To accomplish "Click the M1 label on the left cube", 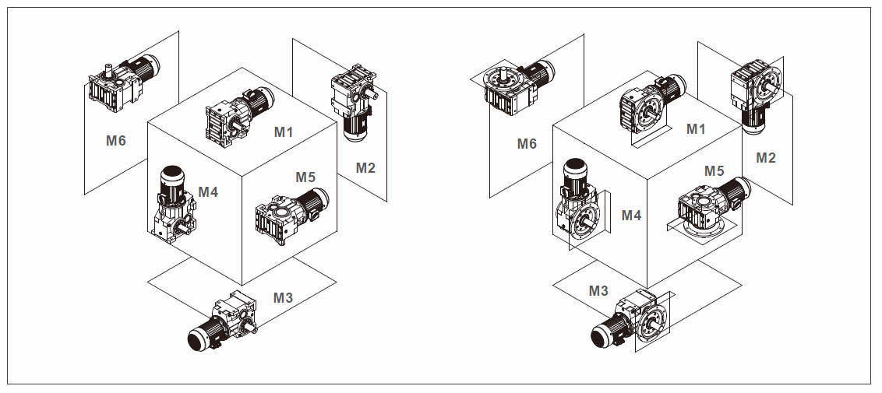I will tap(284, 132).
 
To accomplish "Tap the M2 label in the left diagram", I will tap(365, 167).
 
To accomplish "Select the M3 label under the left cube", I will tap(283, 297).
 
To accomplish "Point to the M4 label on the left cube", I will tap(208, 191).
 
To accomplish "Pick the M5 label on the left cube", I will tap(305, 177).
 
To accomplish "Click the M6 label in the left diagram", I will tap(116, 141).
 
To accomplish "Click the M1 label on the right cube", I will tap(696, 129).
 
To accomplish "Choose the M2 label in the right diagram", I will tap(766, 158).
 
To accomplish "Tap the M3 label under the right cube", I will tap(598, 291).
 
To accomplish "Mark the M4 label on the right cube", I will tap(631, 216).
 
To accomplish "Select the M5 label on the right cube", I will tap(714, 170).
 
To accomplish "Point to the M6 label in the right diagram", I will tap(527, 143).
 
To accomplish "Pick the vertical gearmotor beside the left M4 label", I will tap(174, 202).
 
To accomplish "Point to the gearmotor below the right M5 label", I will tap(709, 209).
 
